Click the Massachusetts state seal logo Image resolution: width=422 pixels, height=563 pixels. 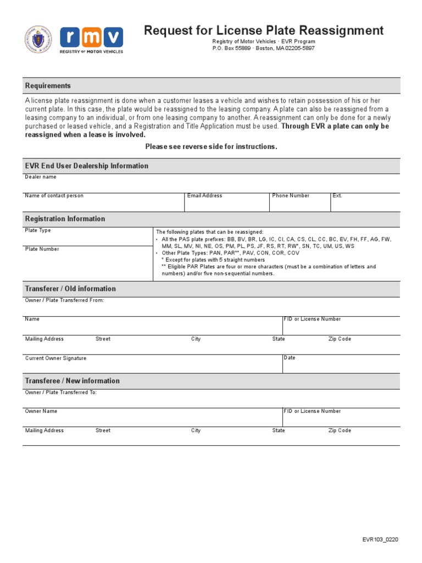pos(38,40)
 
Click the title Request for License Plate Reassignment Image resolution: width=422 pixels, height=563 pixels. pos(264,30)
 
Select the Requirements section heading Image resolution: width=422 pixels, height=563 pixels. pos(48,86)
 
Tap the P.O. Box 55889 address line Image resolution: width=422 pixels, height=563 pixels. pos(264,48)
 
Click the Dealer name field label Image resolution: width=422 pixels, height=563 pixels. pos(41,177)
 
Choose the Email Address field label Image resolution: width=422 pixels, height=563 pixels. pos(204,196)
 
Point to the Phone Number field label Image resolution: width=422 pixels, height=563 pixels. pos(291,196)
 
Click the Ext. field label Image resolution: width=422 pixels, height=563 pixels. pos(337,196)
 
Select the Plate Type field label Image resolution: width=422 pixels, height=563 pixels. pos(38,231)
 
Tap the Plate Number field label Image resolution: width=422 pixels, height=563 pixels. pos(42,250)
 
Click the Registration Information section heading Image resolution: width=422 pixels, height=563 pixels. pos(65,219)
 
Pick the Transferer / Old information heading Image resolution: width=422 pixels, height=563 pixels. pos(70,289)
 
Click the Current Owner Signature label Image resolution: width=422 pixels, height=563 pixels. pos(55,358)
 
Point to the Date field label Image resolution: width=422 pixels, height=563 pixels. pos(290,358)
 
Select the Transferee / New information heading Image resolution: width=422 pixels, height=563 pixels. pos(72,381)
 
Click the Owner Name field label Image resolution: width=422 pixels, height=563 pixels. pos(41,411)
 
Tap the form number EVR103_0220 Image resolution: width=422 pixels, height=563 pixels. pos(380,539)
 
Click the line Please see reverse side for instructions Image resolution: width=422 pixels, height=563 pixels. pos(211,147)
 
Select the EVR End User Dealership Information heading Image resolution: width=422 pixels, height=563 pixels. pos(86,166)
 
